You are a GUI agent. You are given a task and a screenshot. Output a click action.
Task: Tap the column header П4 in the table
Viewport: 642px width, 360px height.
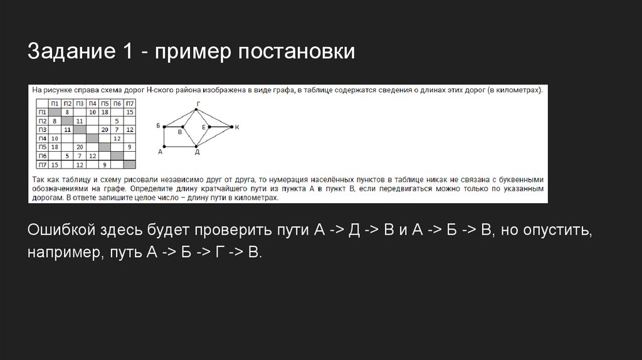92,103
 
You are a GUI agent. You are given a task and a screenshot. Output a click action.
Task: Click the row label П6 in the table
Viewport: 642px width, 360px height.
42,155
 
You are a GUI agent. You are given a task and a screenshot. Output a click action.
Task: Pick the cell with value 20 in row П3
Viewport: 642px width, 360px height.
105,129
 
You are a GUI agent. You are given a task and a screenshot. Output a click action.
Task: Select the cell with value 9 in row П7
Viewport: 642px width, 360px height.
105,164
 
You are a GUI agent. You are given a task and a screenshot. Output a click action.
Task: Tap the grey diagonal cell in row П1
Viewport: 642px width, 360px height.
55,112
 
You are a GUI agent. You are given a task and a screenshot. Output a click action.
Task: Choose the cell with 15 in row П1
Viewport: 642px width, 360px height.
130,112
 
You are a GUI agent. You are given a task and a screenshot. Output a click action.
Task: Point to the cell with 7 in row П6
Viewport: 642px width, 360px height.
80,155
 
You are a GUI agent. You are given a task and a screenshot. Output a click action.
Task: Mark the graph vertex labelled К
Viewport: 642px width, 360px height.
232,127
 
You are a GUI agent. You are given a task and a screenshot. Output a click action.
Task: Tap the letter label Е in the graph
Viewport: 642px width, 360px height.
204,127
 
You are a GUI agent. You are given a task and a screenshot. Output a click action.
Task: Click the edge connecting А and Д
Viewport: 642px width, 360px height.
181,147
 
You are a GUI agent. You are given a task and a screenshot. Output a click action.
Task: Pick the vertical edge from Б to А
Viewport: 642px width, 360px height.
164,137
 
